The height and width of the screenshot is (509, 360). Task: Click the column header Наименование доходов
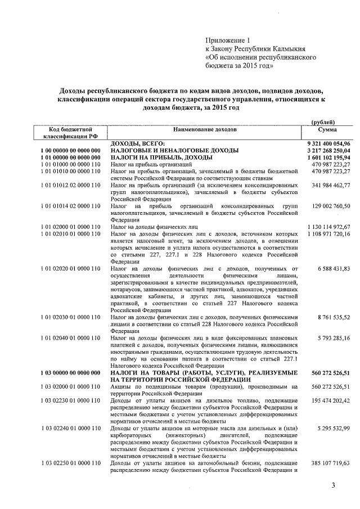[x=205, y=130]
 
